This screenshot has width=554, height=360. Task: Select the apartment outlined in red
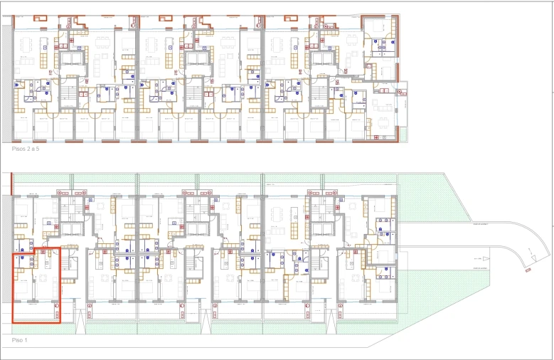pyautogui.click(x=36, y=285)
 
